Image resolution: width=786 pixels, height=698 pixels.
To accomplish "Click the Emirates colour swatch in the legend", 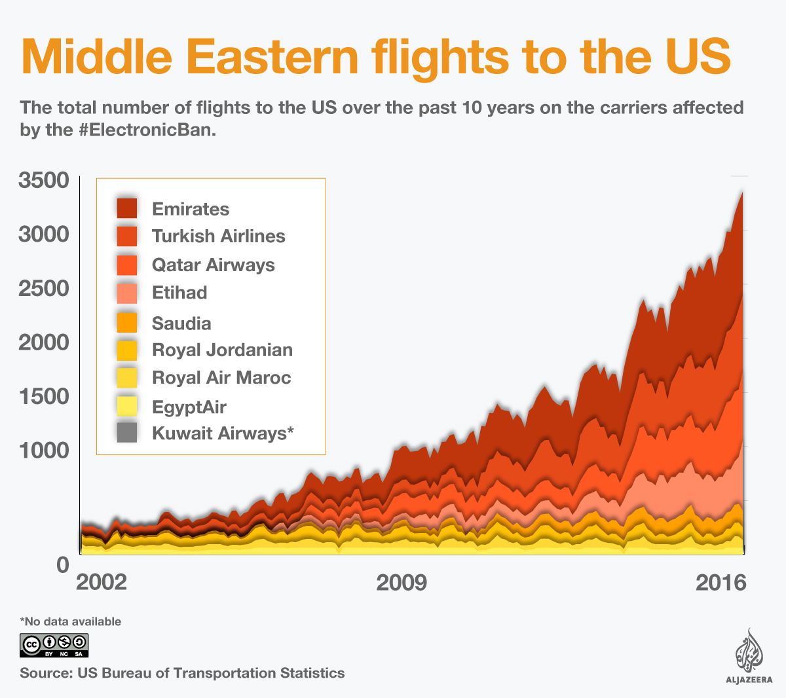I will (x=127, y=208).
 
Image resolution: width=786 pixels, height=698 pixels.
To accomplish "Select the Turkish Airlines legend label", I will (x=218, y=236).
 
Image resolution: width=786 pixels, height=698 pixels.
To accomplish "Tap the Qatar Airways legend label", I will (x=213, y=265).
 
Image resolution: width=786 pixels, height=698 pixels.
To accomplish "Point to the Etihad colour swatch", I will (x=127, y=293).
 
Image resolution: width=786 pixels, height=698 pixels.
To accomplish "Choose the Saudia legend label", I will (x=181, y=323).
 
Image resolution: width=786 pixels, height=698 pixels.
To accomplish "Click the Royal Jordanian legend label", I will (x=222, y=350).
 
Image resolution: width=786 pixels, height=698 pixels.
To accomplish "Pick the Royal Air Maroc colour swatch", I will (x=127, y=378).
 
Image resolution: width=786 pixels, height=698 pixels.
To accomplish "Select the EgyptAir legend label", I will (x=189, y=407).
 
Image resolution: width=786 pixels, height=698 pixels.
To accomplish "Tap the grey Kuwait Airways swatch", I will (x=127, y=433).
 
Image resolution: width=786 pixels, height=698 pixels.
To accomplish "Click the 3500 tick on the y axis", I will (x=44, y=181).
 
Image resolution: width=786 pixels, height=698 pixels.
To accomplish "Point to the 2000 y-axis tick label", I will (x=44, y=342).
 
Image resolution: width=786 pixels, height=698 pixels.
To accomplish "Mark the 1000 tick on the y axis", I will (x=44, y=450).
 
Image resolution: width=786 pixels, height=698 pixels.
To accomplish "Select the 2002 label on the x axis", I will (x=102, y=582).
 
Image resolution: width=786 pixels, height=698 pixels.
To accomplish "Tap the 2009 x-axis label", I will (x=402, y=582).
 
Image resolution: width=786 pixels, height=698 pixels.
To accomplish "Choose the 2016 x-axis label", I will (x=720, y=582).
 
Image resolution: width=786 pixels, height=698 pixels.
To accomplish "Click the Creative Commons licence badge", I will (x=54, y=646).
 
